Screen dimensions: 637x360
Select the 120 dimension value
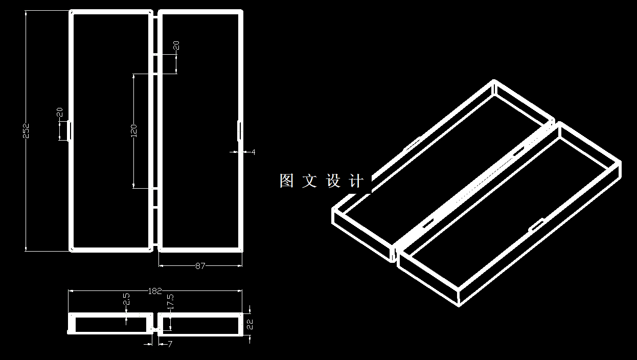pos(133,130)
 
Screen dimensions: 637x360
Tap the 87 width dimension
pos(200,266)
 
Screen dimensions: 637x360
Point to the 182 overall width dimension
pos(155,291)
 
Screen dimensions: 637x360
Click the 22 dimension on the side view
pos(249,323)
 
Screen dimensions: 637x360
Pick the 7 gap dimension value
pos(170,344)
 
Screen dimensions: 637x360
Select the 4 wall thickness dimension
pos(253,152)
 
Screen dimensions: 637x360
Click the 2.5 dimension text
pos(127,299)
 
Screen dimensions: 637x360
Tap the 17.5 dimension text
pos(170,301)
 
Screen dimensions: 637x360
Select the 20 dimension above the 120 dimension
pos(176,46)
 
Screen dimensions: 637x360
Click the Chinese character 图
pos(286,181)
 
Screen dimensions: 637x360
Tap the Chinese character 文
pos(309,181)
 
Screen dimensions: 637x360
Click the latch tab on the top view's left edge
pos(70,130)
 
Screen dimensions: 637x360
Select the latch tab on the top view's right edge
pos(240,130)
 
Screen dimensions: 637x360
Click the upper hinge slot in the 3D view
pos(519,151)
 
